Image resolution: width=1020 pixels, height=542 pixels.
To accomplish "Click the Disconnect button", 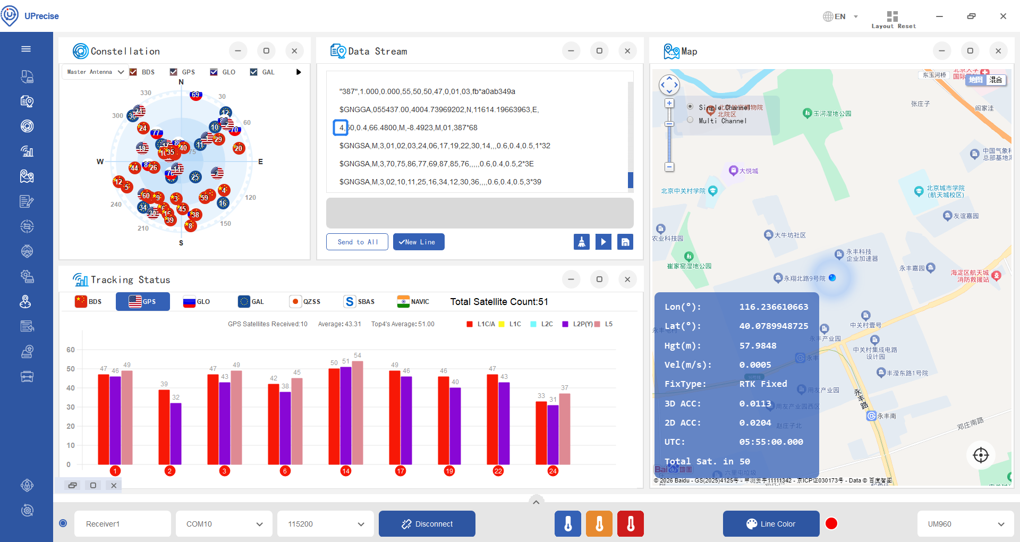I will (427, 524).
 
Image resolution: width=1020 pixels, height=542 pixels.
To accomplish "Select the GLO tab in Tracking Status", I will (197, 302).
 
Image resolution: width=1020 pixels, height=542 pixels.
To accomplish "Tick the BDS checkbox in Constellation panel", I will (133, 72).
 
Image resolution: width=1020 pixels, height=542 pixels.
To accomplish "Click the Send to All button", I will (357, 242).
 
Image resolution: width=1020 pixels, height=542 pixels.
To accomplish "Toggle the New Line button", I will (419, 242).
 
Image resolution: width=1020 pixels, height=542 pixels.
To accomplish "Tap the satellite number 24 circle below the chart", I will (553, 471).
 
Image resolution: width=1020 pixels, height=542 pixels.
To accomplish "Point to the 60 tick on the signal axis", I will (71, 350).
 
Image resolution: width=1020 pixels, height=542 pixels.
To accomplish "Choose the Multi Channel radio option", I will (690, 120).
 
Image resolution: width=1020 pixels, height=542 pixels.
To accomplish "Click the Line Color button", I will (771, 524).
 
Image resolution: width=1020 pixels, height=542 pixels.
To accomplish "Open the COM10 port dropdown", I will (224, 524).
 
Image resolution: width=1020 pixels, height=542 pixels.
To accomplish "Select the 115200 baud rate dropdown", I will (325, 524).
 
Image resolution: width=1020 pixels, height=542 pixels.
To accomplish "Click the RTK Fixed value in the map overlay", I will (763, 384).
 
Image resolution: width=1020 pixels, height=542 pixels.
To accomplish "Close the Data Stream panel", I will (627, 51).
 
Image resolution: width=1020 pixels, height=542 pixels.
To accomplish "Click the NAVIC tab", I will (413, 302).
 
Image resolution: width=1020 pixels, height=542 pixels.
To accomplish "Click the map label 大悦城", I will (749, 171).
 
